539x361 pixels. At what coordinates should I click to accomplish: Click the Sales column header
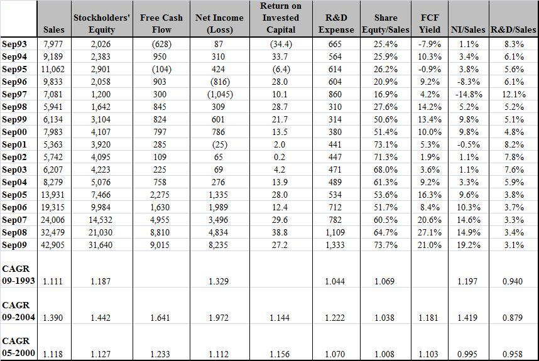(x=53, y=30)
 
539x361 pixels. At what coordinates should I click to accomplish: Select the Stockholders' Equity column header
(x=101, y=24)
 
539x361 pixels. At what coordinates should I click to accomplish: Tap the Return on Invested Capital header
(x=281, y=18)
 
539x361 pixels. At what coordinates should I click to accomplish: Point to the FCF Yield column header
(x=430, y=24)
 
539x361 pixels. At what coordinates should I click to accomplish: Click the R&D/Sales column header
(x=514, y=30)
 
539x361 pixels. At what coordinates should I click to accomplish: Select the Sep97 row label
(x=14, y=94)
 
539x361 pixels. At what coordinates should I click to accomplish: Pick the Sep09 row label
(x=14, y=245)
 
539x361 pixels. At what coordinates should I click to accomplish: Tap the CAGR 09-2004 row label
(x=18, y=311)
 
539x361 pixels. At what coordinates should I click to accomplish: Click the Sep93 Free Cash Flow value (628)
(x=161, y=44)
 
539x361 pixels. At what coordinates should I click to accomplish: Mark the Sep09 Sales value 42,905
(x=53, y=245)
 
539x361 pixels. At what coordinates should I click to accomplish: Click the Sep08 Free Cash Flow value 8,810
(x=160, y=232)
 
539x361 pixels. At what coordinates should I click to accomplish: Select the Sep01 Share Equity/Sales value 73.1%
(x=385, y=144)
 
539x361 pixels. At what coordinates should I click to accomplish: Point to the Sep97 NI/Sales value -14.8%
(x=469, y=94)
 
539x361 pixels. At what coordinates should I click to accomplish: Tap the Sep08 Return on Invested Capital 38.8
(x=280, y=232)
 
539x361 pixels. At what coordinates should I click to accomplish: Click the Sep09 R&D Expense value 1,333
(x=335, y=245)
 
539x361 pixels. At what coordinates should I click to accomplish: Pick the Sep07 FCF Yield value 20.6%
(x=430, y=220)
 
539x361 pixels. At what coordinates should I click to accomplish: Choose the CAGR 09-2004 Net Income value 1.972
(x=219, y=318)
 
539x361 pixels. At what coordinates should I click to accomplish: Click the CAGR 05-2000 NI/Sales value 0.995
(x=467, y=354)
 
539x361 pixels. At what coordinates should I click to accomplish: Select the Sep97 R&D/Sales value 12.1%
(x=514, y=94)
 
